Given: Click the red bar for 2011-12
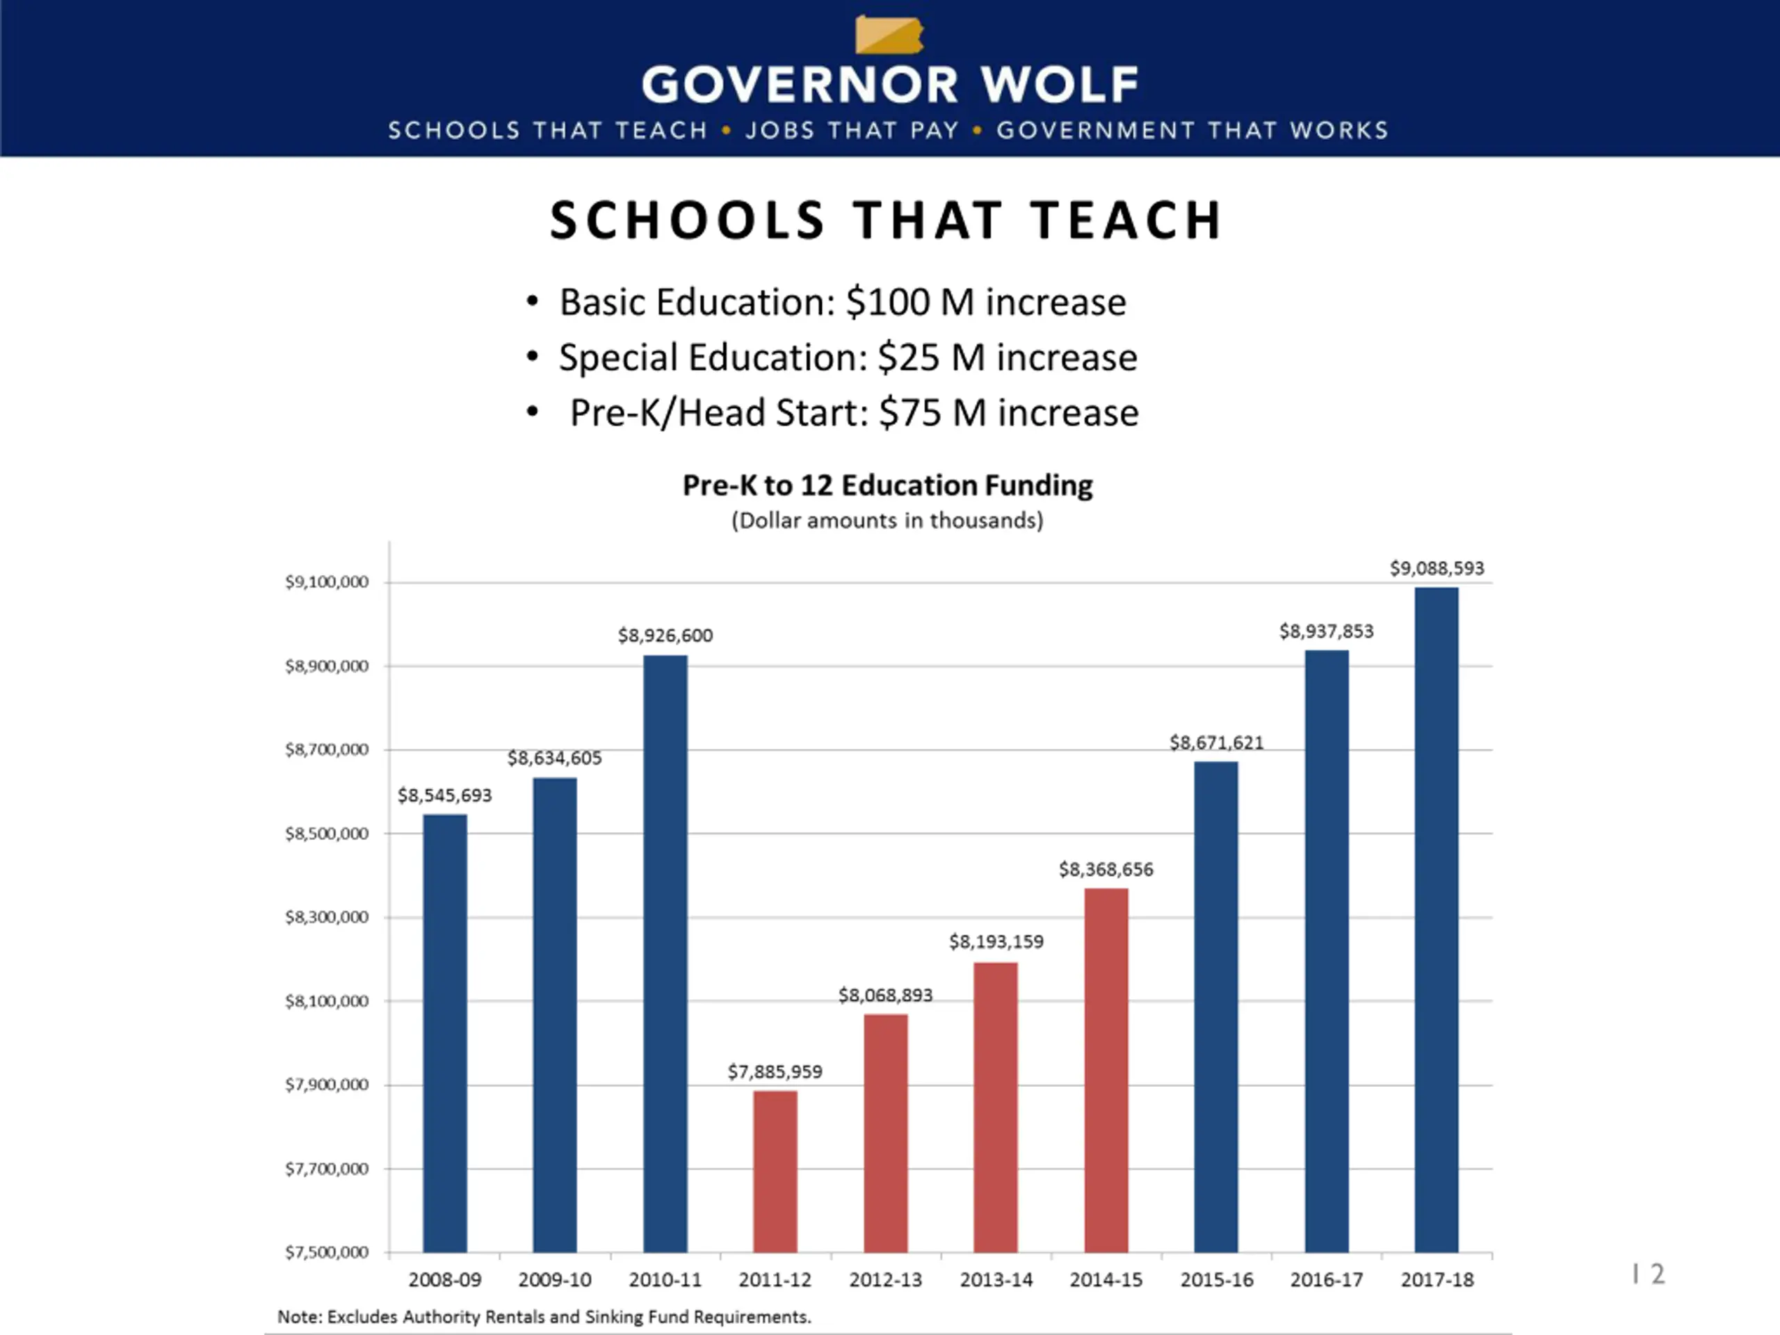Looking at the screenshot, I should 775,1171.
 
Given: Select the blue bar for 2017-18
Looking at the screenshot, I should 1437,919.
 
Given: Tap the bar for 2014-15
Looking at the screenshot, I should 1106,1069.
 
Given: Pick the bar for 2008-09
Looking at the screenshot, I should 445,1033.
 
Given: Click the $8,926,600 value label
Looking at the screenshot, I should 665,636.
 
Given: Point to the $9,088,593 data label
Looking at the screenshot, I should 1437,568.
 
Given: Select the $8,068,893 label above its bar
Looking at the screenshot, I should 885,996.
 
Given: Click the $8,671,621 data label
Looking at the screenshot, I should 1216,742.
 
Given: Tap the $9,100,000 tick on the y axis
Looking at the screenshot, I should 327,582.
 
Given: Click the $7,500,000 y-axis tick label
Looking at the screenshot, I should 327,1252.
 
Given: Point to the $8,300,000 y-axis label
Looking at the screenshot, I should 327,917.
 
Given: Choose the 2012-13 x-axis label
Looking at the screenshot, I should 885,1279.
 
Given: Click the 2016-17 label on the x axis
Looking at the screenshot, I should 1326,1279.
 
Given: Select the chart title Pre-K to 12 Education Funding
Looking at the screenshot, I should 888,485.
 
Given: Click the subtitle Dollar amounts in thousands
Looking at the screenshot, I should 888,521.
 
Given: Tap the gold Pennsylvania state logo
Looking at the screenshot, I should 889,35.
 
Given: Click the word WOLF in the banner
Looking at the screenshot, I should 1059,85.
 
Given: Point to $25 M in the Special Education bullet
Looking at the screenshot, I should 931,357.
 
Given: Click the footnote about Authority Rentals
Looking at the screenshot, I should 544,1316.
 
